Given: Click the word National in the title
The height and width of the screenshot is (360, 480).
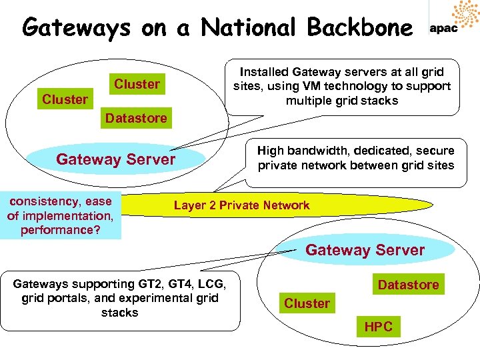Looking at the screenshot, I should (248, 28).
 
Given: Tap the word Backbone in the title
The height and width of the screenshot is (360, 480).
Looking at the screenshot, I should (359, 28).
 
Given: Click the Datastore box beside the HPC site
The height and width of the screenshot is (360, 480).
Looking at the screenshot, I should (408, 285).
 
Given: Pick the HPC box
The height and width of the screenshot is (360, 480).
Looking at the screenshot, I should (378, 327).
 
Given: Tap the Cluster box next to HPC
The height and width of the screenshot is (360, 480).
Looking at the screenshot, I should (307, 303).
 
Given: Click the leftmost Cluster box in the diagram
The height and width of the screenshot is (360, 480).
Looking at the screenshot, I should (65, 99).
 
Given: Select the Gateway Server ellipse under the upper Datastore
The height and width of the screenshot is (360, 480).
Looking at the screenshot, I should (116, 159).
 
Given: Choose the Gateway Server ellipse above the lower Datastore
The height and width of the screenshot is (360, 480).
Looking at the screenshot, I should (365, 250).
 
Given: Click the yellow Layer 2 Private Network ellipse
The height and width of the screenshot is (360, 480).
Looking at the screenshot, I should (241, 205).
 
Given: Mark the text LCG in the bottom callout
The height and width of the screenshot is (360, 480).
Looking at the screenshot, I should (208, 283).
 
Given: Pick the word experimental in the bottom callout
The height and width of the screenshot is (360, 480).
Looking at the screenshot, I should (148, 298).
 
